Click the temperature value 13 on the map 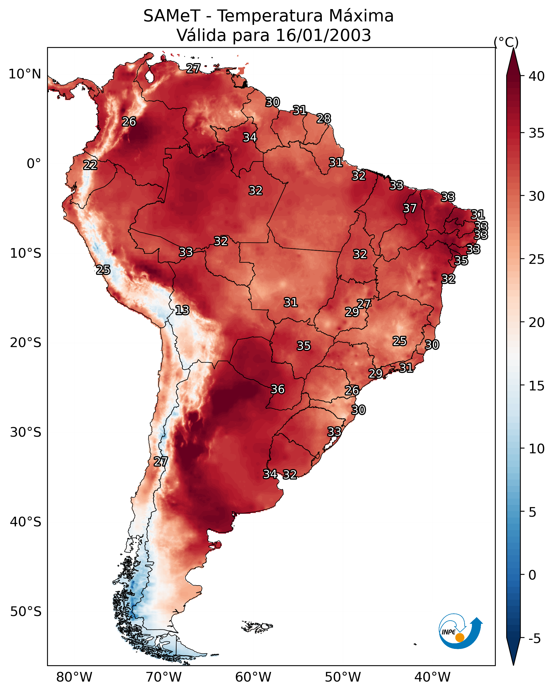[x=182, y=310]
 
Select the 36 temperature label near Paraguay [x=278, y=389]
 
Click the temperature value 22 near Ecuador [x=90, y=165]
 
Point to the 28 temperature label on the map [x=323, y=119]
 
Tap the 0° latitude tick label [x=34, y=164]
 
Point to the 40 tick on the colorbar [x=537, y=76]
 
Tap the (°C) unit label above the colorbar [x=506, y=42]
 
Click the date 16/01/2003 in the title [x=323, y=35]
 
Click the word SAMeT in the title [x=172, y=16]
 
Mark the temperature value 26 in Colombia [x=129, y=122]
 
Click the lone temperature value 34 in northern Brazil [x=250, y=137]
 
